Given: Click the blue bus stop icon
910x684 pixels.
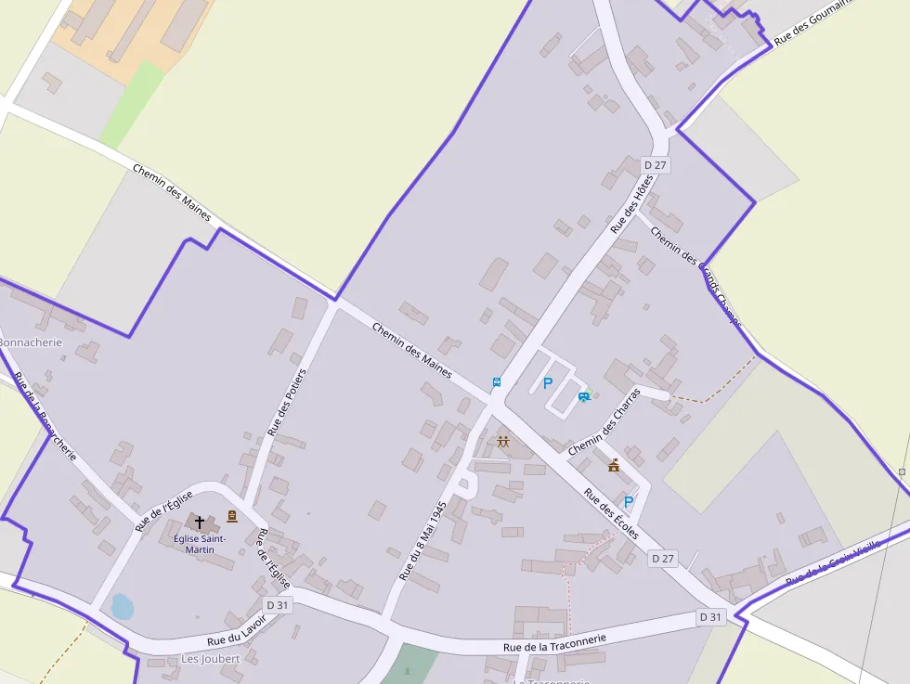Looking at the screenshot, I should pos(497,381).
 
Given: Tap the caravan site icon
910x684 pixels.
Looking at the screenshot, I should pos(583,396).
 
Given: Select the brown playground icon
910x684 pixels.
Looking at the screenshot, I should pos(503,442).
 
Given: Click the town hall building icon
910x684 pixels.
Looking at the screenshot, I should pos(613,465).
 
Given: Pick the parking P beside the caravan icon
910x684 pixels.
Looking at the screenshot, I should pos(547,383).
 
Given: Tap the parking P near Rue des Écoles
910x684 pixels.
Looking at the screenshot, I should pos(628,502).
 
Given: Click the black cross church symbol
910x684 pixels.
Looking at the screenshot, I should pos(199,523).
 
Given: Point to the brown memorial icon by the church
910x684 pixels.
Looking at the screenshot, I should pos(231,516).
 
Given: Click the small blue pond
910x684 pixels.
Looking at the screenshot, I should pos(122,606).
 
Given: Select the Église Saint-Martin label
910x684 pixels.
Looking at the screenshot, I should pos(200,544).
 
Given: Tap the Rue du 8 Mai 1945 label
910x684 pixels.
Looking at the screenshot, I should pos(423,541).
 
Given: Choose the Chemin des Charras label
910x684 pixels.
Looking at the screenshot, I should pos(604,421).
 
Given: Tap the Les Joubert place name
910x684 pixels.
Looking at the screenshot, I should pos(210,659).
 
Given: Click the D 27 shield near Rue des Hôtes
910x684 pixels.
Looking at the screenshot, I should pos(656,165).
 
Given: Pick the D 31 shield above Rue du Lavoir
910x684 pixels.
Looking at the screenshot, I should pos(278,604).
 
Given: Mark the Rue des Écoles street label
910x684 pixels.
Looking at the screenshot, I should pos(611,513).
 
